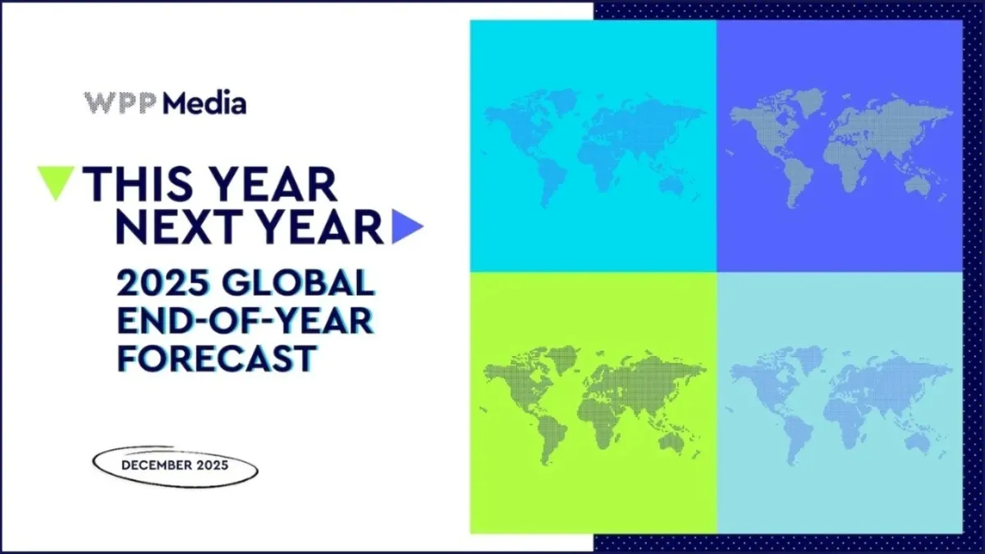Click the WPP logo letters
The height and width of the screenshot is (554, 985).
click(121, 103)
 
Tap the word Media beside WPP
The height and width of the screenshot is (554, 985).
click(204, 103)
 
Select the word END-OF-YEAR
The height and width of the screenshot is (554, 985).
click(244, 322)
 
